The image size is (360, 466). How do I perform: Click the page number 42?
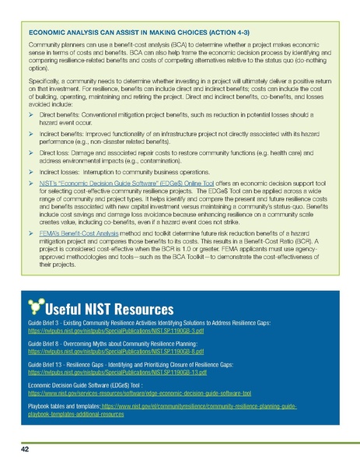tap(27, 450)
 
